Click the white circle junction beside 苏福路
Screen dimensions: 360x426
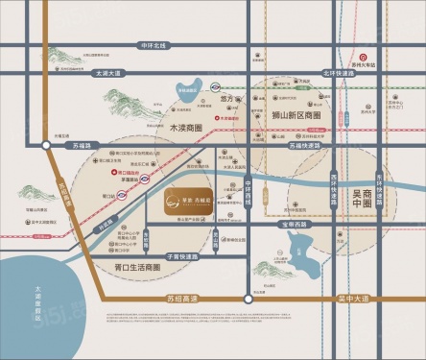[x=63, y=146]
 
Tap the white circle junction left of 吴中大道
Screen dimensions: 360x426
[x=248, y=300]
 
